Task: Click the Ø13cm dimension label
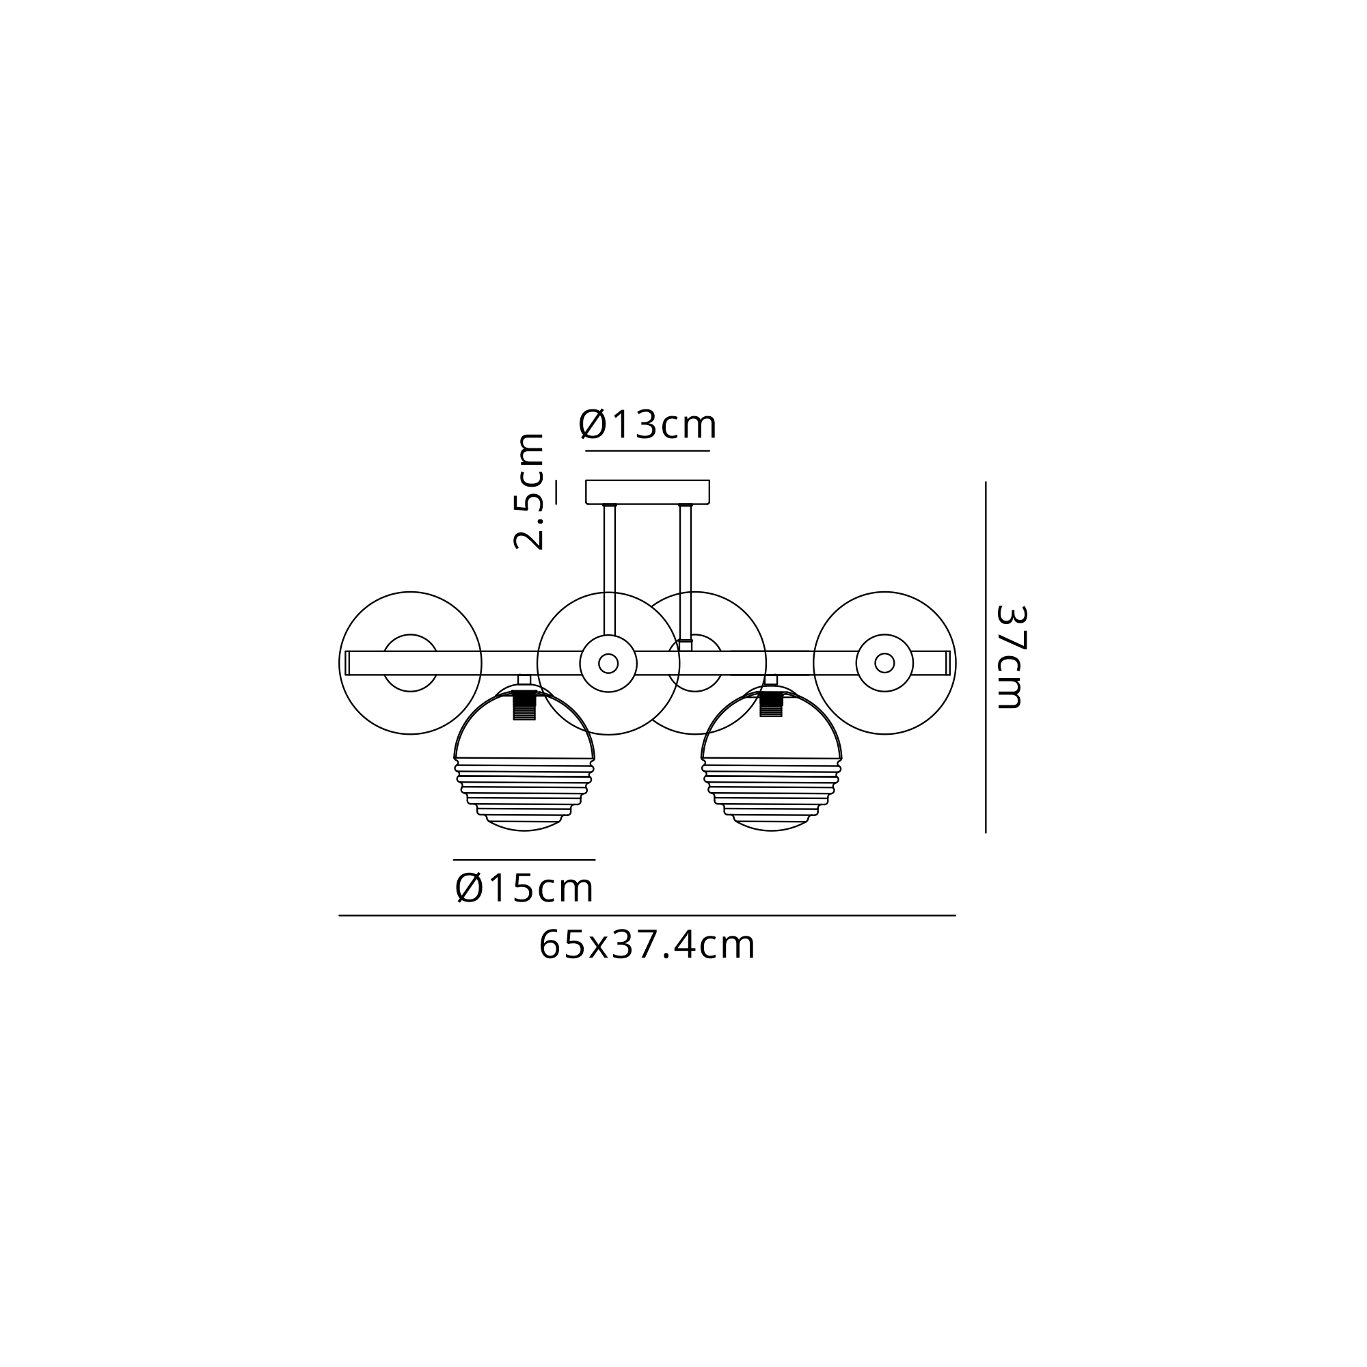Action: (x=647, y=424)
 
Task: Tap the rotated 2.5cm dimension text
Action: (x=529, y=491)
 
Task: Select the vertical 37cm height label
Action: (x=1010, y=657)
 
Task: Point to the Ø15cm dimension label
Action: (x=524, y=888)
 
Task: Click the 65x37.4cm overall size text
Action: (x=647, y=945)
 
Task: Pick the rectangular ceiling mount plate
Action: (x=647, y=491)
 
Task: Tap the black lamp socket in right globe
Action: (x=771, y=704)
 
